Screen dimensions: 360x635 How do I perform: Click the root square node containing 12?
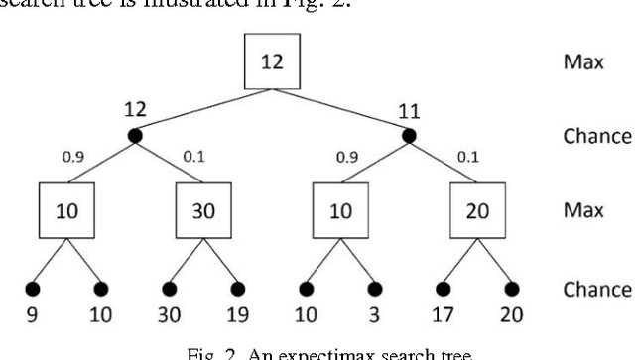point(271,61)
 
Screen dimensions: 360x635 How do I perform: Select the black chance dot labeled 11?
point(408,136)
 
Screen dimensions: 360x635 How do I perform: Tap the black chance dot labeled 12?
point(135,136)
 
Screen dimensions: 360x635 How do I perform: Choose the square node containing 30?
point(202,214)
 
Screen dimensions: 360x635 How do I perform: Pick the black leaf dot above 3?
point(375,290)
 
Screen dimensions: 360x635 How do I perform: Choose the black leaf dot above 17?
point(443,290)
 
